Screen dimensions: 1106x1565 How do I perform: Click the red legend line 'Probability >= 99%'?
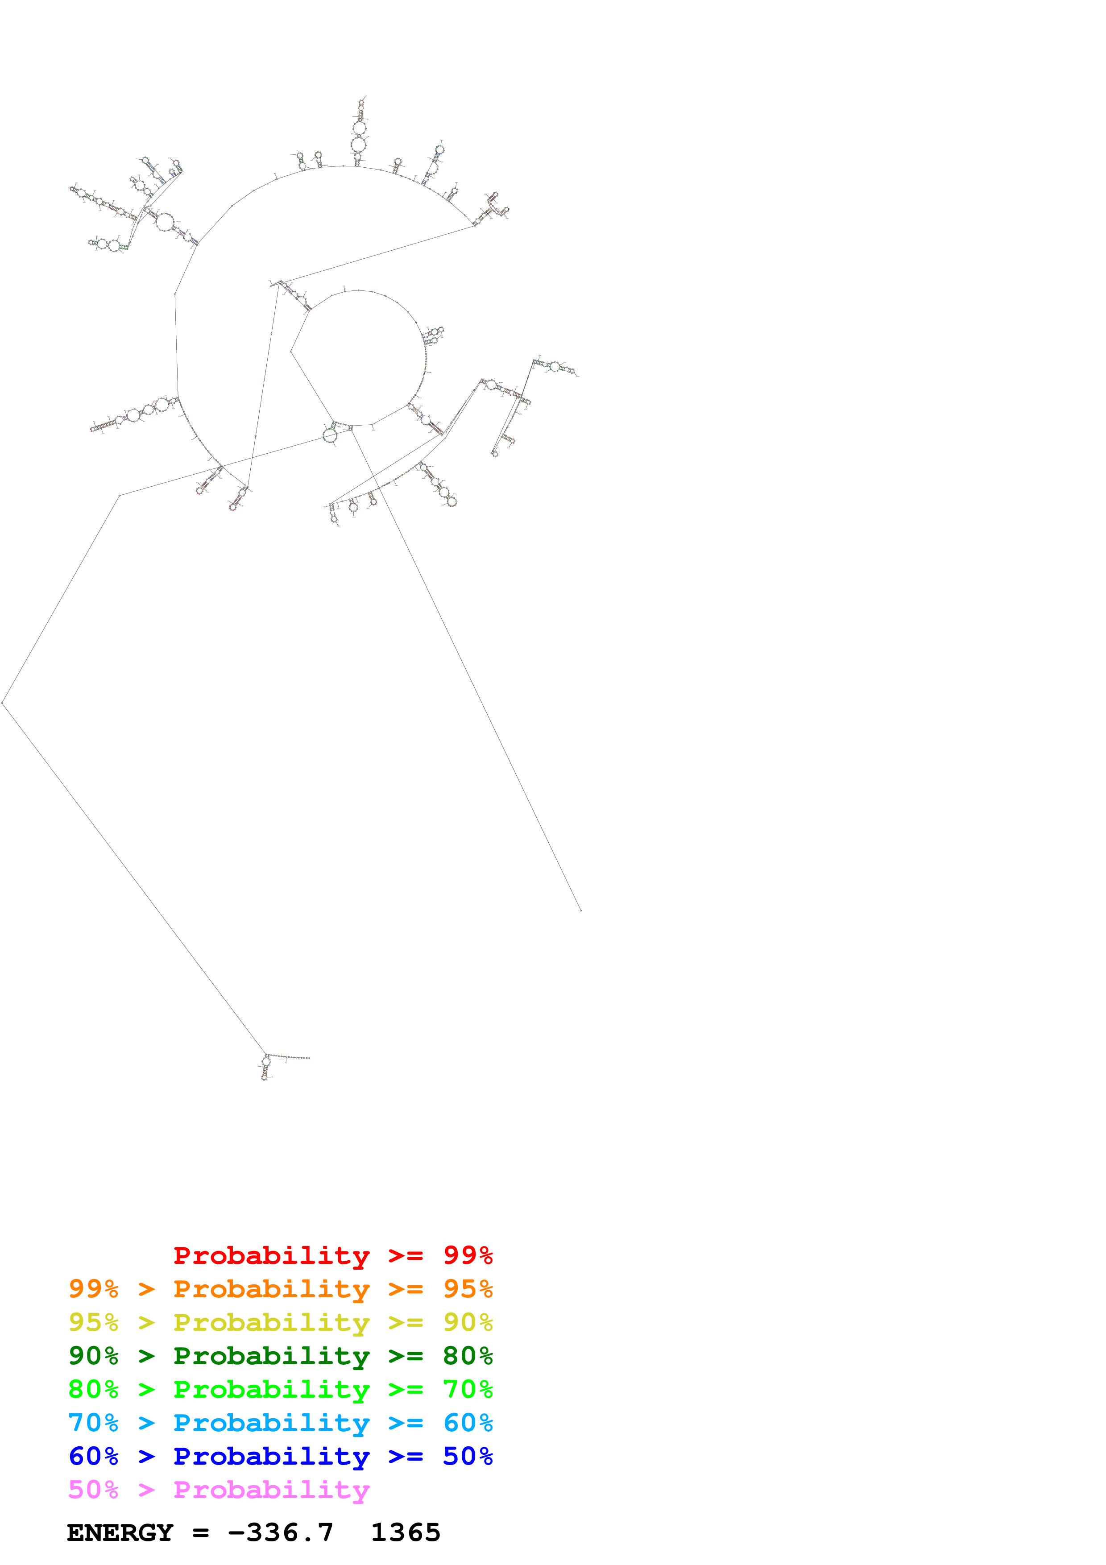332,1255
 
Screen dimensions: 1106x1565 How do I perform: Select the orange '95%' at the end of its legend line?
468,1289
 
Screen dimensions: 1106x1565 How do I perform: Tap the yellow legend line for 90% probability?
280,1322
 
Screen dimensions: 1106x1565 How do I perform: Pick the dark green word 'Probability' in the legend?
271,1356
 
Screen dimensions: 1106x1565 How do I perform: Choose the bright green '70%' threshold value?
468,1389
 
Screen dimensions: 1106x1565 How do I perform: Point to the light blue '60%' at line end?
468,1423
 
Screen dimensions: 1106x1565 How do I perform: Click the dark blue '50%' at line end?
468,1456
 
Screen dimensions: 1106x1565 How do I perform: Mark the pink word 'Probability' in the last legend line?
271,1489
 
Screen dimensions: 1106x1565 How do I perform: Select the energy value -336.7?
281,1532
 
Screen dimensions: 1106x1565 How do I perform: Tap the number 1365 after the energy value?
406,1532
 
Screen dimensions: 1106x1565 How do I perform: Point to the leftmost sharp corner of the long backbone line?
3,702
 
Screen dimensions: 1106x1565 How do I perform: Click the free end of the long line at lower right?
580,910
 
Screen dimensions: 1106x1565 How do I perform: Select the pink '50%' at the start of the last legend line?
93,1489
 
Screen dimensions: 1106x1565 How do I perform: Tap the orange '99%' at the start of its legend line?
93,1289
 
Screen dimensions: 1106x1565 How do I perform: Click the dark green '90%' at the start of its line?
93,1356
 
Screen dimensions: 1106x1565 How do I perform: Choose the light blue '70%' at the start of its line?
93,1423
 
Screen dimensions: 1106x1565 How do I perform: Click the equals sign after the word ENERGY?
200,1533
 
